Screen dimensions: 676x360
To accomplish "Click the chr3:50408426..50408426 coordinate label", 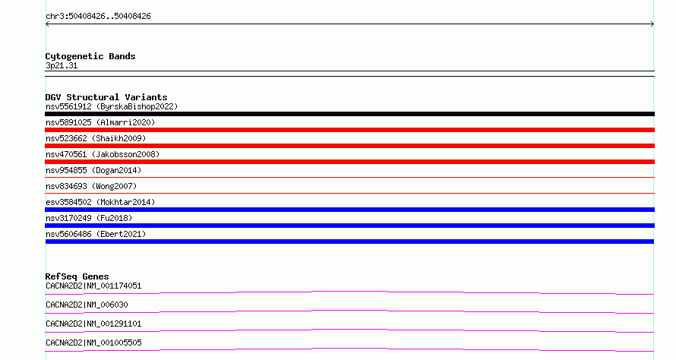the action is tap(98, 17).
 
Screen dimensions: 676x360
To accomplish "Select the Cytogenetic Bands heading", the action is tap(90, 56).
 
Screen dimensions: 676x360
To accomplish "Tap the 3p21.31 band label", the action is tap(62, 65).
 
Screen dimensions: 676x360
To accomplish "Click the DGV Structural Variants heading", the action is tap(106, 97).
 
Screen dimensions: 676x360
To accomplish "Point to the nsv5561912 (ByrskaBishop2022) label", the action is tap(112, 106).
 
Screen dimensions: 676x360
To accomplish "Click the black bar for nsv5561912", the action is tap(349, 114).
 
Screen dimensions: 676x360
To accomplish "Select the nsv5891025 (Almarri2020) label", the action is tap(100, 122).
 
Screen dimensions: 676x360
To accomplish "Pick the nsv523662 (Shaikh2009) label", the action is tap(96, 138).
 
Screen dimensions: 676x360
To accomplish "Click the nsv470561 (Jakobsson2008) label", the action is tap(103, 154).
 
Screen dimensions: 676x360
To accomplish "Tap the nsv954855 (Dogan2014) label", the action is tap(93, 170).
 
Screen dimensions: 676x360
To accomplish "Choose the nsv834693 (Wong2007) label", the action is tap(91, 186).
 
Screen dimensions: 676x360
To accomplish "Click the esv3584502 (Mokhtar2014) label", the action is tap(100, 202).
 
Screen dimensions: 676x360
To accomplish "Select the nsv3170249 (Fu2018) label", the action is tap(89, 218).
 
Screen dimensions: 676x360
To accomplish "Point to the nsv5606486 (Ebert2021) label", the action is tap(96, 234).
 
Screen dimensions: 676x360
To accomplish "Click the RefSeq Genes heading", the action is tap(77, 276).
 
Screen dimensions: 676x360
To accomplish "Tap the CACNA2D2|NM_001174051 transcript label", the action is tap(93, 286).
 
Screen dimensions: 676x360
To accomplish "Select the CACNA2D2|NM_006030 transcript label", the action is tap(87, 305).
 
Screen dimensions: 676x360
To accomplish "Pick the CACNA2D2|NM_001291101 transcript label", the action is tap(93, 324).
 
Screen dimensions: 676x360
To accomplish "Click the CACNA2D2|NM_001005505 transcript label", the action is tap(93, 343).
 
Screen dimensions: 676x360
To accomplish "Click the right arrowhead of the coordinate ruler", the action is tap(653, 24).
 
